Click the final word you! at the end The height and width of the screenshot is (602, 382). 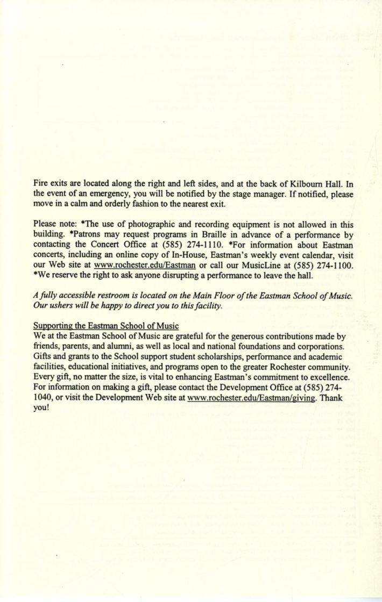pos(41,409)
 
